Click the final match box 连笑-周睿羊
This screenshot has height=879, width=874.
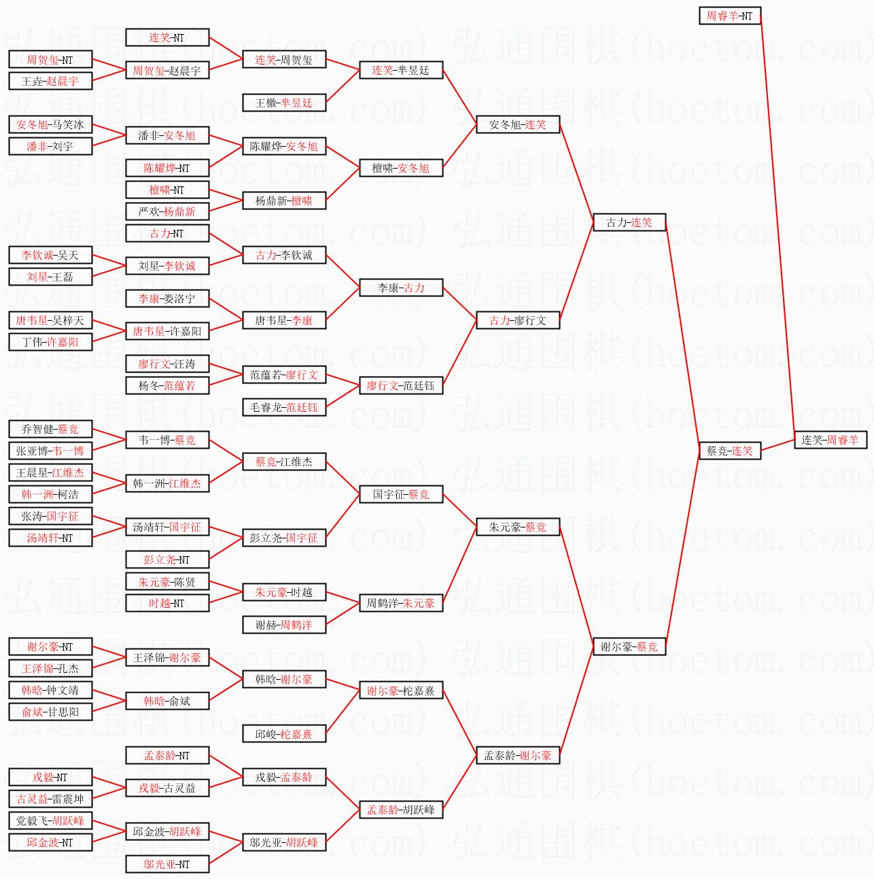point(831,440)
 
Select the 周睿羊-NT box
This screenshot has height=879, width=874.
point(730,16)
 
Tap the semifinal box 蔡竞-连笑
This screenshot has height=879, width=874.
point(730,451)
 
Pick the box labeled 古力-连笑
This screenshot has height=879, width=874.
point(629,222)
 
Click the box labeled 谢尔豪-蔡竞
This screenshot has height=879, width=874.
point(629,647)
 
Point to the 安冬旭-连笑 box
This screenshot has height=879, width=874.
point(518,124)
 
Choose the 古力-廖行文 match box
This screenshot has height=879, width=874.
point(518,320)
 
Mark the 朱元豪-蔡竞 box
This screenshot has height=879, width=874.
point(518,527)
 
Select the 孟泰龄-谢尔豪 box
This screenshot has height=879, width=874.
point(518,755)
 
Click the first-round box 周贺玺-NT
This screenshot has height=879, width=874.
point(50,59)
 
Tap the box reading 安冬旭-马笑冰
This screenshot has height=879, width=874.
point(50,124)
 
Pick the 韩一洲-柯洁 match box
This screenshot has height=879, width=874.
point(50,494)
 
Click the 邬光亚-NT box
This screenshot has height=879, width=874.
point(167,864)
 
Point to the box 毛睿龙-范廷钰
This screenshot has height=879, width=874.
point(284,407)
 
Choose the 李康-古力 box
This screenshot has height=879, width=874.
point(401,288)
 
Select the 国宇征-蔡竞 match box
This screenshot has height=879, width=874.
point(401,494)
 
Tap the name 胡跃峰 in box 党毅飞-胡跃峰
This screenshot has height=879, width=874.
point(68,821)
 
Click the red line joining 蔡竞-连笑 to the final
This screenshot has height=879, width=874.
point(777,445)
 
